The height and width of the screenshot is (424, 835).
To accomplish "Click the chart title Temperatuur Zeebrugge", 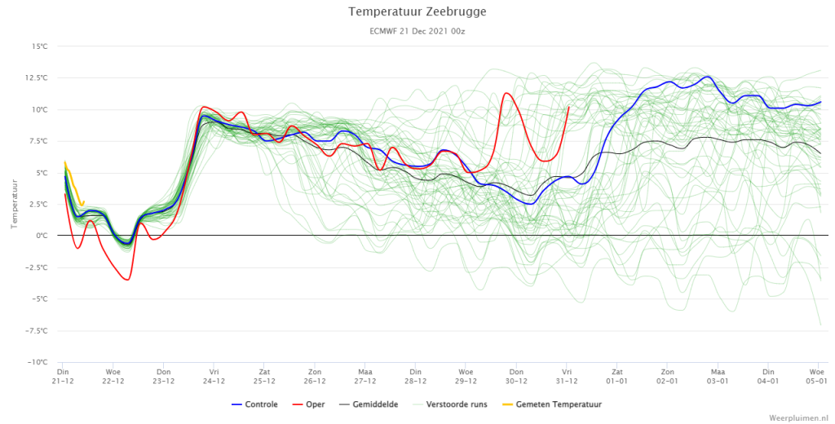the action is click(417, 11).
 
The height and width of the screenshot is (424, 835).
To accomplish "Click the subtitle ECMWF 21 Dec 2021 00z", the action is click(417, 32).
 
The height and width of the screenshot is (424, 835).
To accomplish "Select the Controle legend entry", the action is click(254, 404).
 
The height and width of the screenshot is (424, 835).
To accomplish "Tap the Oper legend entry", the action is click(309, 404).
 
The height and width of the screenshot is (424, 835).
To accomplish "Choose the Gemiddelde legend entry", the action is click(368, 404).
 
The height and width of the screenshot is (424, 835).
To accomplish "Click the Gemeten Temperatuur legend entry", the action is click(552, 404).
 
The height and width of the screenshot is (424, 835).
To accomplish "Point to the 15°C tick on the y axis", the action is click(39, 46).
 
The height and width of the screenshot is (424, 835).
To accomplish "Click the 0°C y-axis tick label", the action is click(42, 236).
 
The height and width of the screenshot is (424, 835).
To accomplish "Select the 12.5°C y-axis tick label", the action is click(37, 77).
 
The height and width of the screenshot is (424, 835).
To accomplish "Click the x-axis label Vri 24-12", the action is click(214, 376).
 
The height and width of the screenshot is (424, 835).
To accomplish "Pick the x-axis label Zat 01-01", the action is click(616, 376).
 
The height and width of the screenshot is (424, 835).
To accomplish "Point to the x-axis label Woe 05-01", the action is click(816, 376).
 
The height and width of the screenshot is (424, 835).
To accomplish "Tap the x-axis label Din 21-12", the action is click(63, 376).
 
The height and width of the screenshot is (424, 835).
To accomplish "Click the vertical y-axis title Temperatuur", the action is click(15, 204).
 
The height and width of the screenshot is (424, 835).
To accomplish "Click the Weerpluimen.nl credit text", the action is click(799, 417).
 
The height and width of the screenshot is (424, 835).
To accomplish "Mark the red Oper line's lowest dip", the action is click(127, 280).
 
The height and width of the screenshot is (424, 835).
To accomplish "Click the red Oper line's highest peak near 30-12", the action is click(506, 93).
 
